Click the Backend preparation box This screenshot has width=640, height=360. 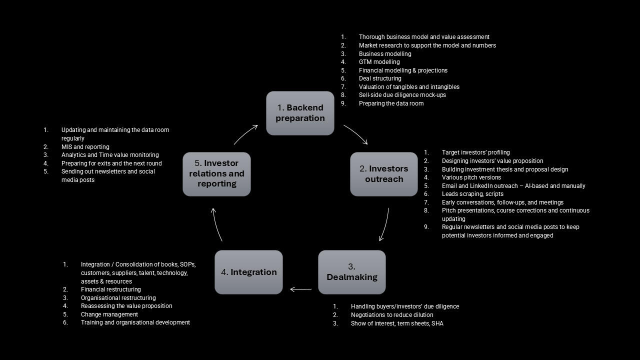[300, 113]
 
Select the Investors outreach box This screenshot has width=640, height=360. [383, 174]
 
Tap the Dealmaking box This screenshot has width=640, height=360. [352, 272]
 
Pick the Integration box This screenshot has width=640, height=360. [248, 272]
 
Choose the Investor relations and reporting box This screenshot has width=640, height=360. [216, 174]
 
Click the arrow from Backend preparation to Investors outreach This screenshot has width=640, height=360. [356, 134]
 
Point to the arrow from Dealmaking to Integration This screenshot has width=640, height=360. [300, 289]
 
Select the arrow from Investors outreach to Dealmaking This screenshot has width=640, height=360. [384, 225]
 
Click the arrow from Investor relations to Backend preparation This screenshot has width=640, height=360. [245, 134]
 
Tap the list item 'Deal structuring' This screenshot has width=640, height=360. [380, 78]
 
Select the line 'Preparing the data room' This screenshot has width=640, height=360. [391, 103]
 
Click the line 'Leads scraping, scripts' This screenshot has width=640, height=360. [472, 194]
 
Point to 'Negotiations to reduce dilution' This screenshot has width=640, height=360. [392, 315]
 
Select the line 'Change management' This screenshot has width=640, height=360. [109, 314]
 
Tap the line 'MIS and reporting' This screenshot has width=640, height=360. [85, 147]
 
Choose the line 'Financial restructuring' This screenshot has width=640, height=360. [111, 289]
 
